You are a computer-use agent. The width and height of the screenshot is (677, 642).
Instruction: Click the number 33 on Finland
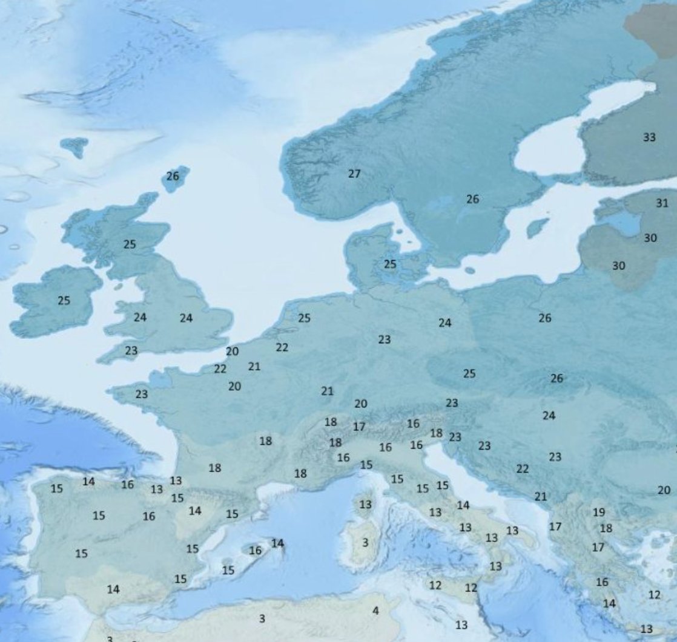coord(649,137)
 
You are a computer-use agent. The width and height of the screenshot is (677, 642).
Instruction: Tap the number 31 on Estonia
coord(662,203)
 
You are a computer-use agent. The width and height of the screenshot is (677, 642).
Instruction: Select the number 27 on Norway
coord(354,174)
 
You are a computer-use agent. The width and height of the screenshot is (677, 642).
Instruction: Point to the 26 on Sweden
coord(472,198)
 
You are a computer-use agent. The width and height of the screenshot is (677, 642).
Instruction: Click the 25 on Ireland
coord(64,300)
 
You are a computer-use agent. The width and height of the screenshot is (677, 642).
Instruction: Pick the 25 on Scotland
coord(130,244)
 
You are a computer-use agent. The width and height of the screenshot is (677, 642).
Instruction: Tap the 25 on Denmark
coord(391,264)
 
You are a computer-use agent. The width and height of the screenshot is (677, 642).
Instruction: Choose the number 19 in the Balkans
coord(598,512)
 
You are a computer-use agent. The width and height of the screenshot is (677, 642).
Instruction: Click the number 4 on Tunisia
coord(375,611)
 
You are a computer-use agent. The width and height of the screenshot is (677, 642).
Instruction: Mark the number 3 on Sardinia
coord(365,543)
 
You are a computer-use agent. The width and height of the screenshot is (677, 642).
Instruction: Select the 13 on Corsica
coord(365,504)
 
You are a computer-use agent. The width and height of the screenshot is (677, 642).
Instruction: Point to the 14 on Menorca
coord(277,543)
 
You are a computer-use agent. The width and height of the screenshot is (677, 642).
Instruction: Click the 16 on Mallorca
coord(256,551)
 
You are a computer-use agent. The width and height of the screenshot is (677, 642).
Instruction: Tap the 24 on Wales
coord(140,317)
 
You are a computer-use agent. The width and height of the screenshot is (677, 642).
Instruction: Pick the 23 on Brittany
coord(141,394)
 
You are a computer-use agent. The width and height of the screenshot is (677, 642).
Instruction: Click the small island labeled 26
coord(173,176)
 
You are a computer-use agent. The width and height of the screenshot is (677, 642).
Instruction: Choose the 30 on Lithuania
coord(618,266)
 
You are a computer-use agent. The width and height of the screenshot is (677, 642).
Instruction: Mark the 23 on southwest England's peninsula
coord(131,350)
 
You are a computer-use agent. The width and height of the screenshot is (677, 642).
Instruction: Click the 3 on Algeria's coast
coord(262,618)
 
